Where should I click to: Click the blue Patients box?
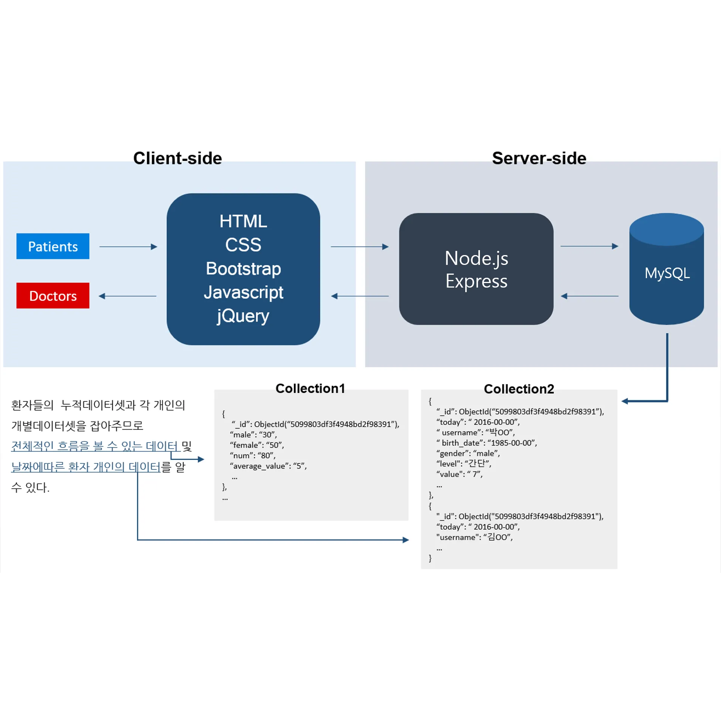point(53,246)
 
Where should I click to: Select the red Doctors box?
point(53,296)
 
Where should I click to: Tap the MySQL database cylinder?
point(666,269)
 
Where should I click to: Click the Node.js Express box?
point(476,269)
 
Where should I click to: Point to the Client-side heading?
point(178,158)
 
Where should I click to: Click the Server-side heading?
point(539,158)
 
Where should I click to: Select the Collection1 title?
point(310,388)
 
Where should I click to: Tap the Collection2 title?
point(519,388)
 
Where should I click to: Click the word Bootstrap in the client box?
point(243,269)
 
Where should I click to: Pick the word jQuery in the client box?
point(243,316)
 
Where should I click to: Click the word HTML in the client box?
point(243,221)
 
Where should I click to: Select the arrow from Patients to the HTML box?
point(128,247)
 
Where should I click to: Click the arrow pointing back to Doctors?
point(127,296)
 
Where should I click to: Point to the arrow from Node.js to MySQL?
point(589,246)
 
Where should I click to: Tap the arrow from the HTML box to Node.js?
point(360,247)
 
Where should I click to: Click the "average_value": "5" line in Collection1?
point(268,466)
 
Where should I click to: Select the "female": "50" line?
point(257,445)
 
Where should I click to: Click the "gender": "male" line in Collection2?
point(468,453)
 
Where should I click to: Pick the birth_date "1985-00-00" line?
point(487,443)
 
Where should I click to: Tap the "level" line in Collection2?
point(464,463)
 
